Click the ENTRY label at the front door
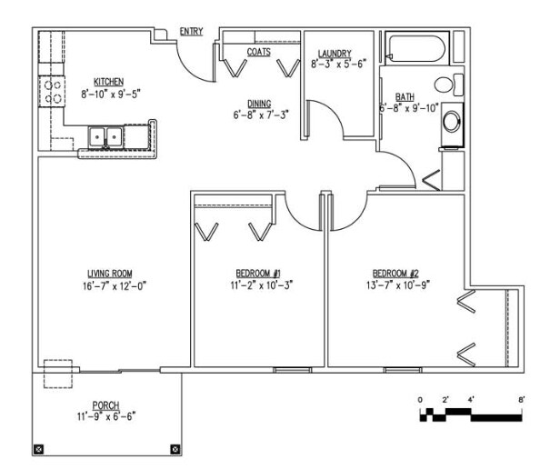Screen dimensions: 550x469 point(191,32)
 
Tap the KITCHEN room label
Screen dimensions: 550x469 point(109,82)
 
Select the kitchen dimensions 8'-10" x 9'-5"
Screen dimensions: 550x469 point(111,94)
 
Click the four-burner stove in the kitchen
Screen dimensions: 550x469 point(52,92)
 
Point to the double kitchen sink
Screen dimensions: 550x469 point(105,137)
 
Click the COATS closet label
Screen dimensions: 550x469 point(259,52)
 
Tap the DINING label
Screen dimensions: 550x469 point(259,104)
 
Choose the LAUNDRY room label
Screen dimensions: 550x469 point(335,54)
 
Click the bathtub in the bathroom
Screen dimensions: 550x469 point(417,48)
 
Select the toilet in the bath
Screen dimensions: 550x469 point(449,85)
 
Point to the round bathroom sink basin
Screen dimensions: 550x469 point(452,122)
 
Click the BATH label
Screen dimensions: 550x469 point(405,97)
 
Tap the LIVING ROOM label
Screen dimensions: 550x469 point(110,274)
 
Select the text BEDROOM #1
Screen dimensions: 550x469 point(258,274)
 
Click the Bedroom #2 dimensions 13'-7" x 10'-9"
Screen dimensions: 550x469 point(398,285)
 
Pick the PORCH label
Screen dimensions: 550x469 point(106,405)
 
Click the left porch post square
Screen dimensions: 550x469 point(38,449)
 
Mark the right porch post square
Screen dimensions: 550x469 point(175,449)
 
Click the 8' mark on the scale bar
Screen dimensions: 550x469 point(521,400)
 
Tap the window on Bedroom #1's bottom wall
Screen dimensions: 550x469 point(292,370)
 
